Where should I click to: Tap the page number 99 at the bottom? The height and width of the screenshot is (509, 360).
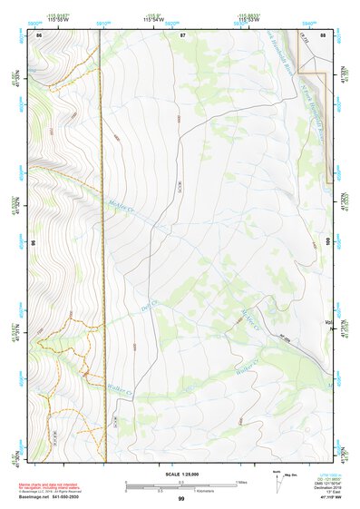click(x=180, y=499)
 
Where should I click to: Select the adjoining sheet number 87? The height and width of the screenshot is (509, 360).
click(x=182, y=34)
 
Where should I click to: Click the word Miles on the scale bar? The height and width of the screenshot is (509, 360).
click(x=242, y=482)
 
